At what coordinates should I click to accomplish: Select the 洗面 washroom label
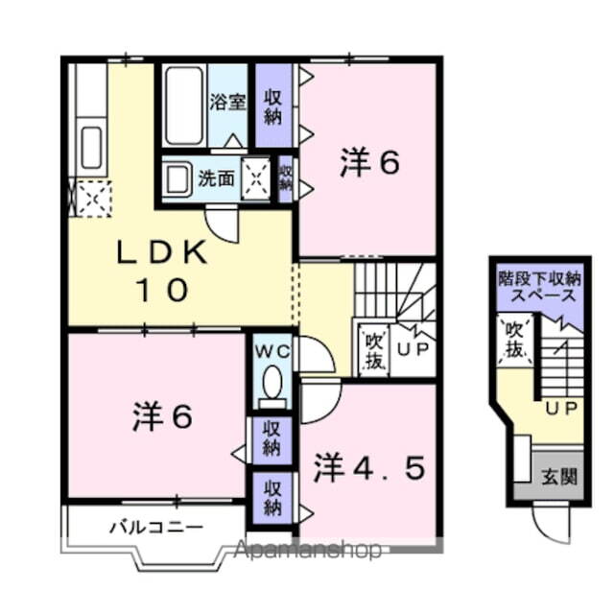[x=216, y=177]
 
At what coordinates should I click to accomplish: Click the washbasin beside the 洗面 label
[x=178, y=178]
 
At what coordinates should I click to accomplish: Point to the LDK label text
[x=162, y=253]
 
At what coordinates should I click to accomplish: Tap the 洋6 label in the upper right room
[x=368, y=164]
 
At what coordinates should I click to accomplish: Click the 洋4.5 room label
[x=368, y=470]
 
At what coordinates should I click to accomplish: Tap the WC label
[x=272, y=351]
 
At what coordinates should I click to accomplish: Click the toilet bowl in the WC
[x=272, y=384]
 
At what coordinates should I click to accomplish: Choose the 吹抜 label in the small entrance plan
[x=515, y=340]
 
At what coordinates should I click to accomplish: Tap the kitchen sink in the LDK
[x=91, y=145]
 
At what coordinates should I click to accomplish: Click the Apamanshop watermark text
[x=307, y=551]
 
